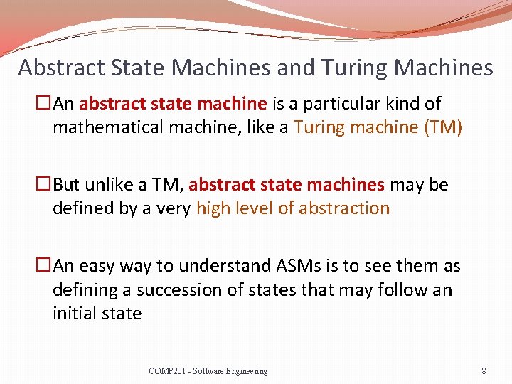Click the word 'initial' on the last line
tap(75, 314)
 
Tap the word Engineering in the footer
tap(244, 371)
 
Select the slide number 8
tap(484, 370)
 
